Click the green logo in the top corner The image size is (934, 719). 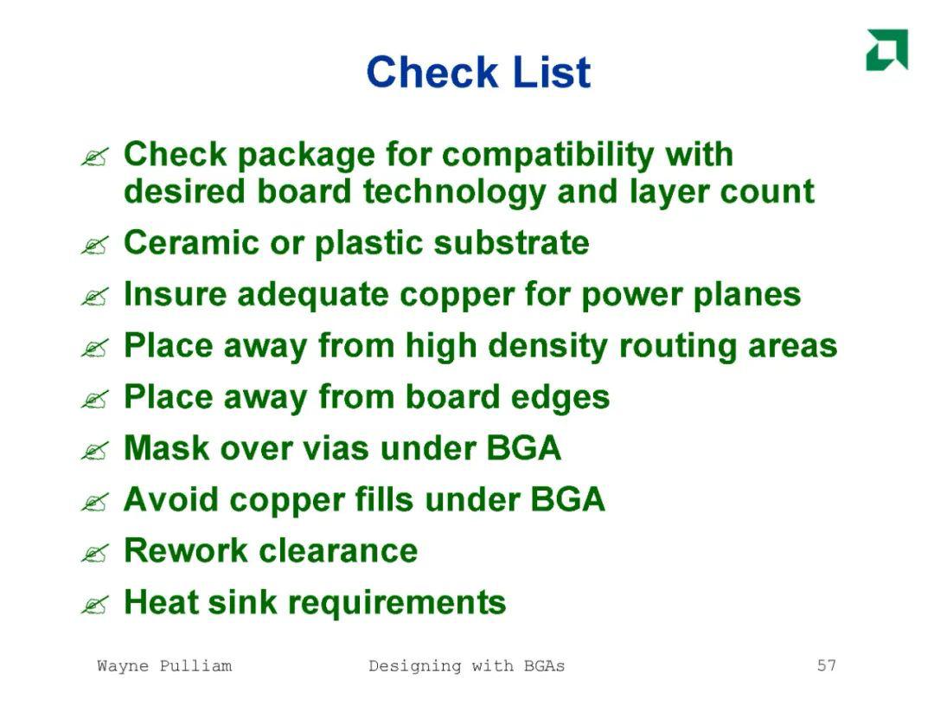[887, 49]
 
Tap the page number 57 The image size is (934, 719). [826, 664]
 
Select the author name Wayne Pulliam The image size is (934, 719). [164, 665]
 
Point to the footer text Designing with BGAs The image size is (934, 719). [466, 666]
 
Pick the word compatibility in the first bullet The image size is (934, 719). [548, 155]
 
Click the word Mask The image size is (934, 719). [167, 447]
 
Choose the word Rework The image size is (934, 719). [185, 550]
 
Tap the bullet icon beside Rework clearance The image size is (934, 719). [95, 553]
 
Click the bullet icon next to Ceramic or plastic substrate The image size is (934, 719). [95, 245]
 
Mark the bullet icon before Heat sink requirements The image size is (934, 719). [95, 604]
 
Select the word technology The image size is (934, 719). [454, 192]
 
